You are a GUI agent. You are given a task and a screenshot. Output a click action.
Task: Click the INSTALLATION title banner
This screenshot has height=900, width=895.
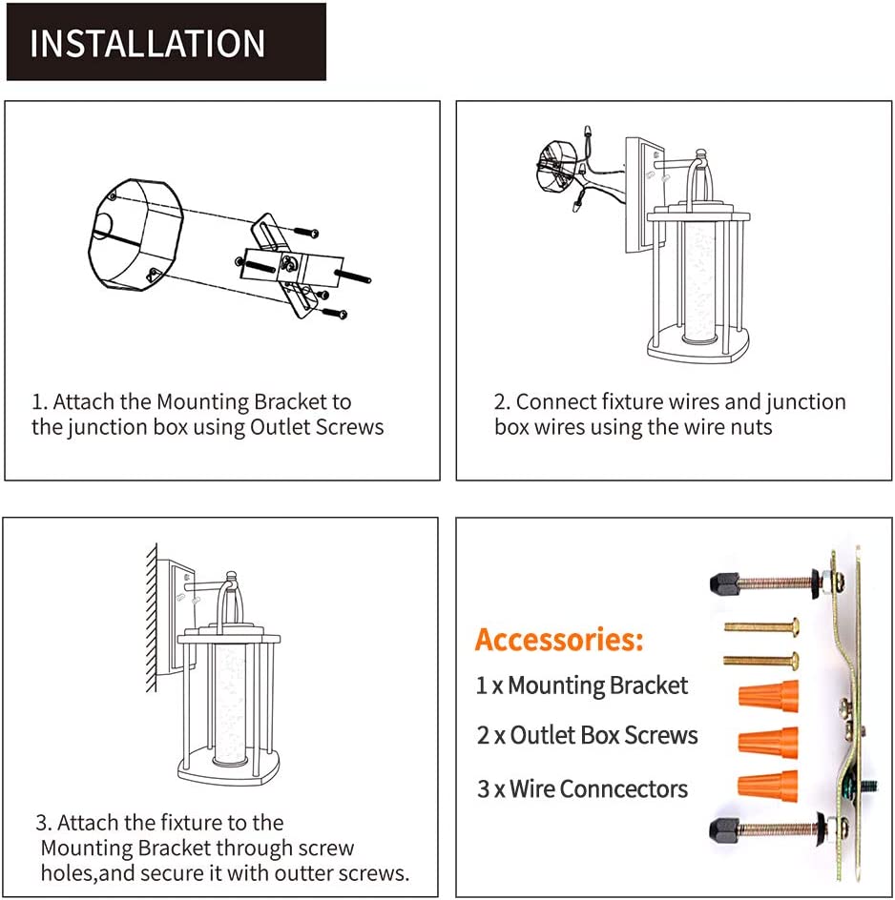point(166,42)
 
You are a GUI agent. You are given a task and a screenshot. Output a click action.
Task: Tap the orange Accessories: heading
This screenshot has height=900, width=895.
point(559,640)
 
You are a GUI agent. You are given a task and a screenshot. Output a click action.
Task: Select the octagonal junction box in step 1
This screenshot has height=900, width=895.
point(135,235)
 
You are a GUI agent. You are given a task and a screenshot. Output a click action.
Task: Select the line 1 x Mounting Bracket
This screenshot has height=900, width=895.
point(582,685)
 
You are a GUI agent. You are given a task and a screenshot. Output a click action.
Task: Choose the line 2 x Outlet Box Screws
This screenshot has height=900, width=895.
point(587,735)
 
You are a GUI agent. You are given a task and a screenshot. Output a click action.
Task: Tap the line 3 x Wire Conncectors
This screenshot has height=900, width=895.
point(582,789)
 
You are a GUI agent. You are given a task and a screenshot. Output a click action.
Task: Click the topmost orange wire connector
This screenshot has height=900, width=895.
point(769,696)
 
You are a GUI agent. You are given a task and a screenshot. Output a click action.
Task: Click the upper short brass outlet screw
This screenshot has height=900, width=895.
point(761,626)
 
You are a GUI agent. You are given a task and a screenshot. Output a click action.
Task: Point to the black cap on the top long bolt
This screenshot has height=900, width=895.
point(724,583)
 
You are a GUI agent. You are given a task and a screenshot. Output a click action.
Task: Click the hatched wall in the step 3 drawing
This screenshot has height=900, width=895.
point(152,617)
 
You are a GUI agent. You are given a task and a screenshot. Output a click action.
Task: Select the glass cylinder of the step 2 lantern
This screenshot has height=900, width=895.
point(699,281)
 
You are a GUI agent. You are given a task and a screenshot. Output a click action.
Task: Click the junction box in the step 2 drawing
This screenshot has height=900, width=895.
point(556,166)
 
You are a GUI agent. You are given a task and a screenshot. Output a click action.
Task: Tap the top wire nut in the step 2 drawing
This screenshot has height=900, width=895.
point(588,133)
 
